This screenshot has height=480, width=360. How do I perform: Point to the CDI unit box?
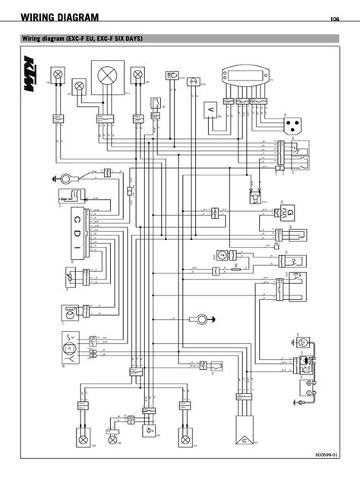77,227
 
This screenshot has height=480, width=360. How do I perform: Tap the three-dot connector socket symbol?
292,124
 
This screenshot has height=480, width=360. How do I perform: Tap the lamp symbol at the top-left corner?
55,74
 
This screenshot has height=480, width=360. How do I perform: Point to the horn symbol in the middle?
200,317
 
